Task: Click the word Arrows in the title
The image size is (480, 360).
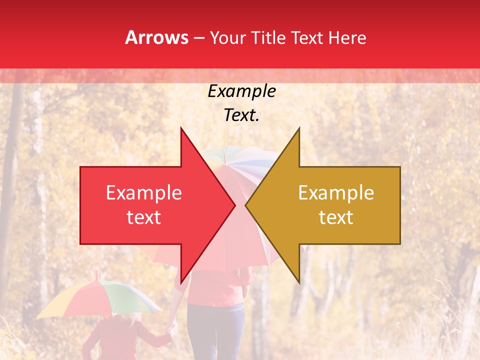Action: point(156,37)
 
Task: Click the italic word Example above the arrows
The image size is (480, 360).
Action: point(242,91)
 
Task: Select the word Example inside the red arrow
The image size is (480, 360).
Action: point(144,193)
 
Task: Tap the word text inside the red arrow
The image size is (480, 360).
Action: point(144,217)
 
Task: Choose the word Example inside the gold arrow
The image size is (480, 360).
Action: point(336,193)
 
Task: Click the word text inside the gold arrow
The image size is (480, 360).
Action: point(336,217)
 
